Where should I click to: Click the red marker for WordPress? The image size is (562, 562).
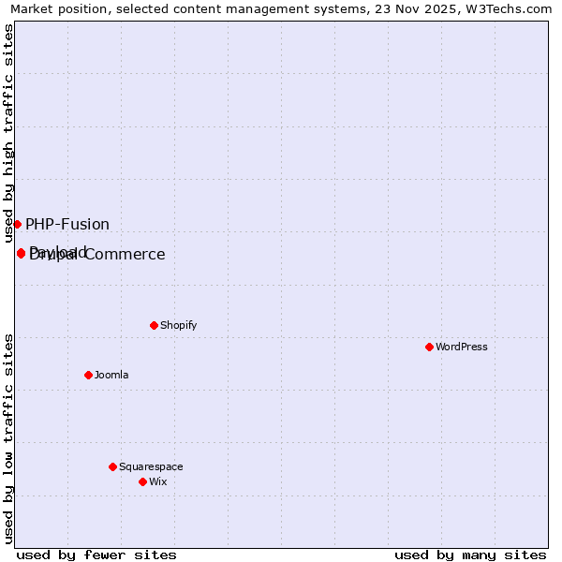click(x=429, y=347)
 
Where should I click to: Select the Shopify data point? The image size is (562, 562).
click(x=154, y=325)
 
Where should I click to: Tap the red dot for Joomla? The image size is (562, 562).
click(x=88, y=375)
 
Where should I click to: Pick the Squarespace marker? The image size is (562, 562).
click(x=112, y=466)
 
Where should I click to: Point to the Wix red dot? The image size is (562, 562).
click(x=142, y=481)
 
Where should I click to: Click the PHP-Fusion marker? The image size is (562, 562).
click(x=17, y=224)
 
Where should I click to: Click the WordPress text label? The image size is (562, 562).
click(x=462, y=347)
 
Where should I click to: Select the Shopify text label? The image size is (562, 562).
click(x=178, y=325)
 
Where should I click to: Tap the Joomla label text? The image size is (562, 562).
click(x=111, y=375)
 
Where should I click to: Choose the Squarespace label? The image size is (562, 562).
click(x=151, y=466)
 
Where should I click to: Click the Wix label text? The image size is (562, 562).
click(x=157, y=481)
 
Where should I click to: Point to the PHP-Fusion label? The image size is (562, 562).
click(x=67, y=225)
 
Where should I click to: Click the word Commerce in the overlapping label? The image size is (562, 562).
click(x=128, y=255)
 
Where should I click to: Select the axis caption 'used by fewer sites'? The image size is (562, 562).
click(x=96, y=555)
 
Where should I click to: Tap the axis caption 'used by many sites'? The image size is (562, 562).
click(x=470, y=555)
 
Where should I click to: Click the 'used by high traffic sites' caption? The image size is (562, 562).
click(x=9, y=131)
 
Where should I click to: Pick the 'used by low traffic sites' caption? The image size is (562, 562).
click(x=9, y=438)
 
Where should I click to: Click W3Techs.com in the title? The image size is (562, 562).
click(x=507, y=8)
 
